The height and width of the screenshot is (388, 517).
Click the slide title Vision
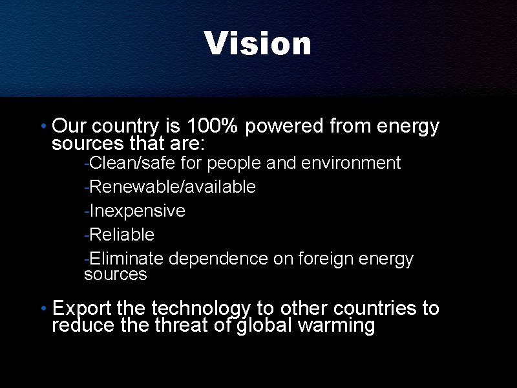[x=258, y=43]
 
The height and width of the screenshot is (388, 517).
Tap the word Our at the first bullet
[x=65, y=126]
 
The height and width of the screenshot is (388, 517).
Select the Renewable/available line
[x=172, y=187]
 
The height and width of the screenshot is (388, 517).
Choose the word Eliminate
[x=127, y=259]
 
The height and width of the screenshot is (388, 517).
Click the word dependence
[x=218, y=259]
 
